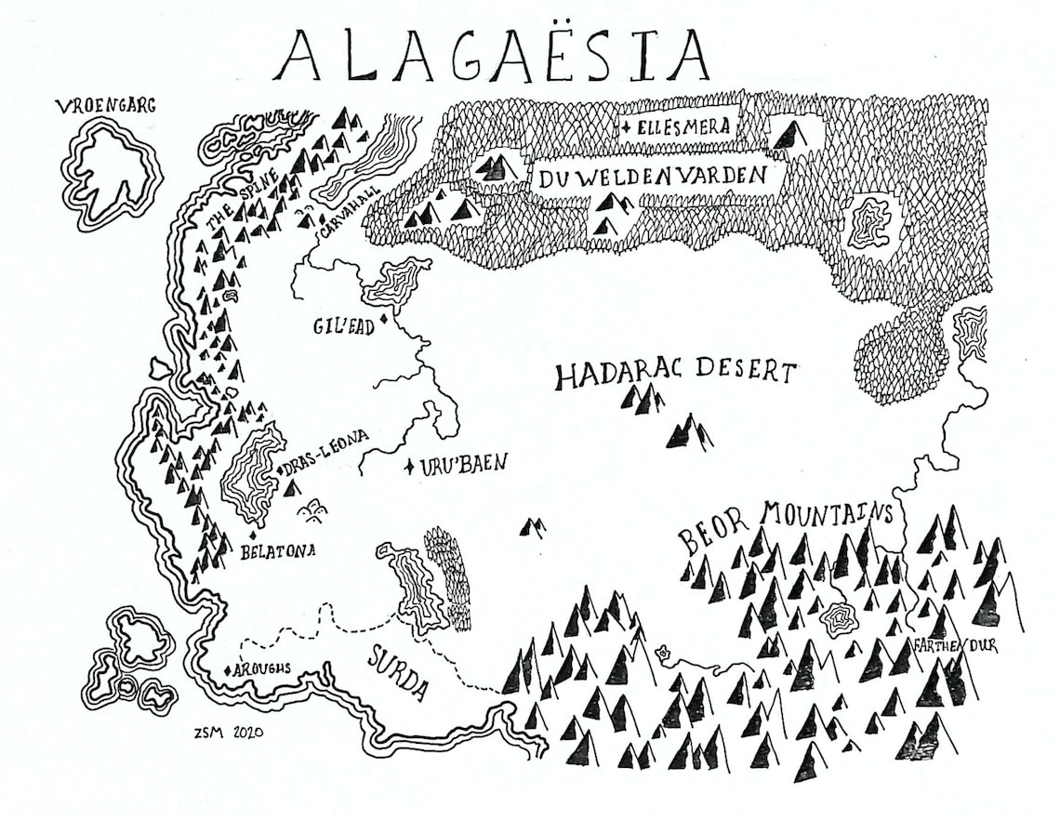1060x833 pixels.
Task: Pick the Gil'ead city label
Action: (x=342, y=327)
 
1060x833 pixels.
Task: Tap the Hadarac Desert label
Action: (x=676, y=375)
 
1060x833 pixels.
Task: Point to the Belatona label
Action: (x=278, y=550)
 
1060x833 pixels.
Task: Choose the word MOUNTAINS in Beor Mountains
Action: (x=827, y=514)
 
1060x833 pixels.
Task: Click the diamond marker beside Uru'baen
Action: (x=409, y=466)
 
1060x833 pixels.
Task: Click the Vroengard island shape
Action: (x=110, y=172)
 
